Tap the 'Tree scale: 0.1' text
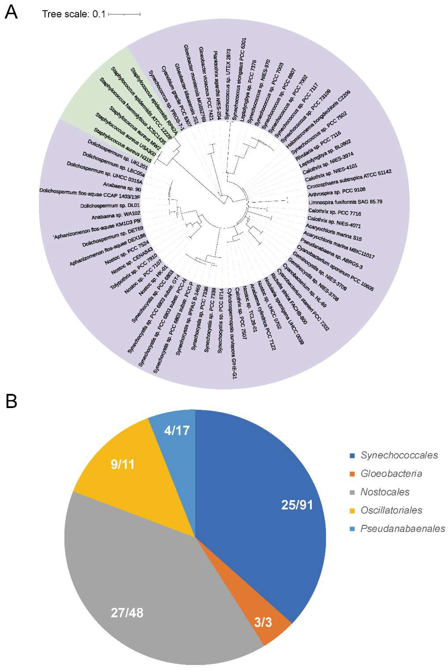(74, 14)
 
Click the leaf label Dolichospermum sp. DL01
(110, 205)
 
